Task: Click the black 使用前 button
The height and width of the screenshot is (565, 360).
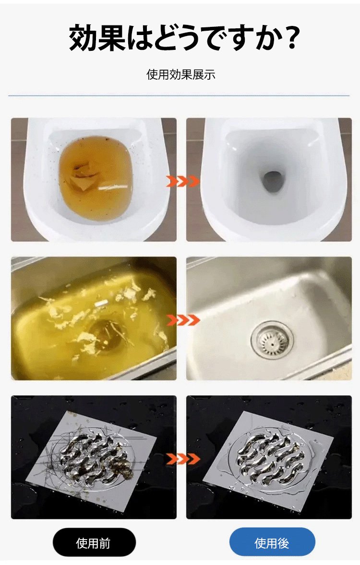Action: pyautogui.click(x=94, y=543)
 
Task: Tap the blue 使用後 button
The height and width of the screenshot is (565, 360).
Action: pyautogui.click(x=272, y=542)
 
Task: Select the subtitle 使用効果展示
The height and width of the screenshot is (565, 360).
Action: pyautogui.click(x=181, y=75)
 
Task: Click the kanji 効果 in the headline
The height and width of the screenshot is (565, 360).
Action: pyautogui.click(x=96, y=37)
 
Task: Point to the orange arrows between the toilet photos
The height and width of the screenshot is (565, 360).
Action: pyautogui.click(x=182, y=181)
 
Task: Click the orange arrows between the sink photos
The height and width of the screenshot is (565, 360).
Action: pyautogui.click(x=182, y=319)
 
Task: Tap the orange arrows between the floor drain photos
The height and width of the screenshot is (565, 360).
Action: pyautogui.click(x=182, y=459)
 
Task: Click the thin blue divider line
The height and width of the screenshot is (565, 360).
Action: pyautogui.click(x=179, y=96)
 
